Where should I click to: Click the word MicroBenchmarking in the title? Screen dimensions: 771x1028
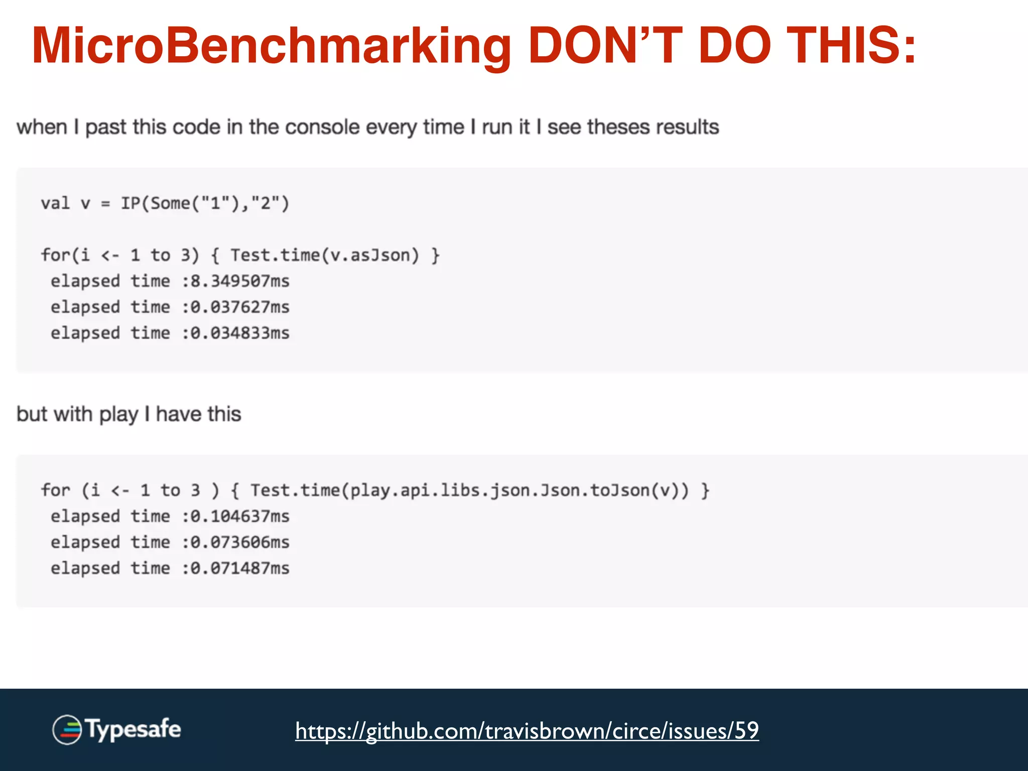tap(271, 46)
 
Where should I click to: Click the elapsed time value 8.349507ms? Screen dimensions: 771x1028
tap(240, 281)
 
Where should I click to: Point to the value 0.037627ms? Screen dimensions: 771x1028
tap(240, 307)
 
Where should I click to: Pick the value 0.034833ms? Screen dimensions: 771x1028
tap(240, 333)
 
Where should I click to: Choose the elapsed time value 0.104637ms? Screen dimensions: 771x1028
tap(240, 517)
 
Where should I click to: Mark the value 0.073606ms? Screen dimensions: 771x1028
tap(240, 543)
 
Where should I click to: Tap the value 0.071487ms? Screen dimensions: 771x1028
tap(240, 569)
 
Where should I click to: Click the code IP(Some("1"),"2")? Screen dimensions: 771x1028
tap(205, 204)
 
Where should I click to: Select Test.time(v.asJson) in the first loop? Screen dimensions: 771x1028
tap(324, 255)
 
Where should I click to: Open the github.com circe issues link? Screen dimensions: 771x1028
tap(527, 730)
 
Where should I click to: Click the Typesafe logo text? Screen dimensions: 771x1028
tap(133, 729)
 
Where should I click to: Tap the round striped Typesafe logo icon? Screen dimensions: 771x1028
tap(67, 729)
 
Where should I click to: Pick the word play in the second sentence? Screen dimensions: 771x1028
tap(118, 415)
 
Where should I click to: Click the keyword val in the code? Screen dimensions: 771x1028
tap(55, 204)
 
